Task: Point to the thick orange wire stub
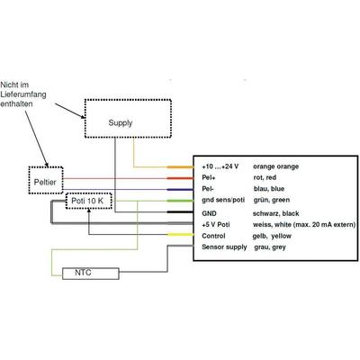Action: click(180, 166)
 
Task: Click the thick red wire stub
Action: click(180, 178)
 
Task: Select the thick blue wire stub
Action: click(180, 190)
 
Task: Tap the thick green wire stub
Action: click(180, 201)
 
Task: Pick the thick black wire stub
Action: click(180, 212)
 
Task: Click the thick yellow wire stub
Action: click(180, 235)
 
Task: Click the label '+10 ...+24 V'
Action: click(220, 166)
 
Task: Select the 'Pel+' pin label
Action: click(209, 177)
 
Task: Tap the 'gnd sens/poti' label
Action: click(223, 200)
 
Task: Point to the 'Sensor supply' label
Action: click(224, 247)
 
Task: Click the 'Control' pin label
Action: click(213, 236)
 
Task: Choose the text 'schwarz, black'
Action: click(276, 213)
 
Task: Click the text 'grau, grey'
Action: click(270, 247)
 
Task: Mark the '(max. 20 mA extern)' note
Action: click(324, 225)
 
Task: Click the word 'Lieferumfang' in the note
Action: click(23, 94)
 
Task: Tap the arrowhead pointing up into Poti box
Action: click(89, 211)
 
